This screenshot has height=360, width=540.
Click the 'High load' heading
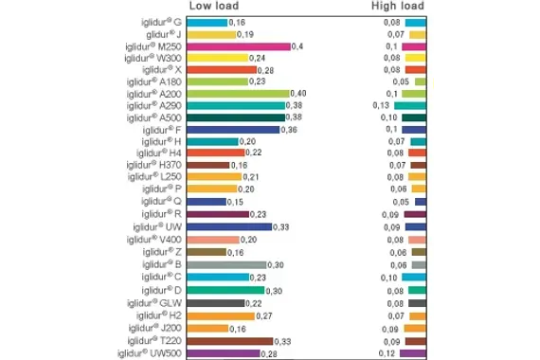click(x=396, y=6)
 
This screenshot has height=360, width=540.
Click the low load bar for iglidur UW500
click(x=224, y=353)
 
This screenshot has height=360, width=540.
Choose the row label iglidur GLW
click(x=156, y=303)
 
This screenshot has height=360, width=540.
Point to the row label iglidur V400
click(x=155, y=239)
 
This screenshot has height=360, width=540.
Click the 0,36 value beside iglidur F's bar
click(x=292, y=129)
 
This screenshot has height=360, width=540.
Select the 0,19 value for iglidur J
click(x=245, y=34)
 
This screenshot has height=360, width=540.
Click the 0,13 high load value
click(x=382, y=105)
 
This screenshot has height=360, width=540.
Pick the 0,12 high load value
click(x=387, y=353)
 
